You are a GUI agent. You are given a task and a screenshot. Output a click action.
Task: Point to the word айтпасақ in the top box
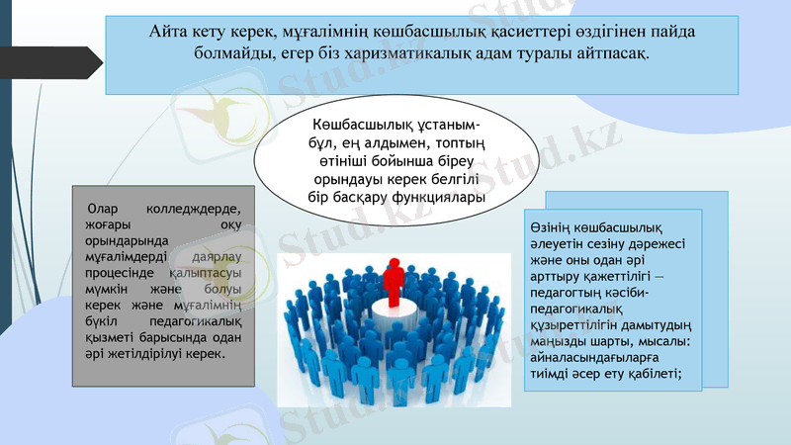(614, 52)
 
